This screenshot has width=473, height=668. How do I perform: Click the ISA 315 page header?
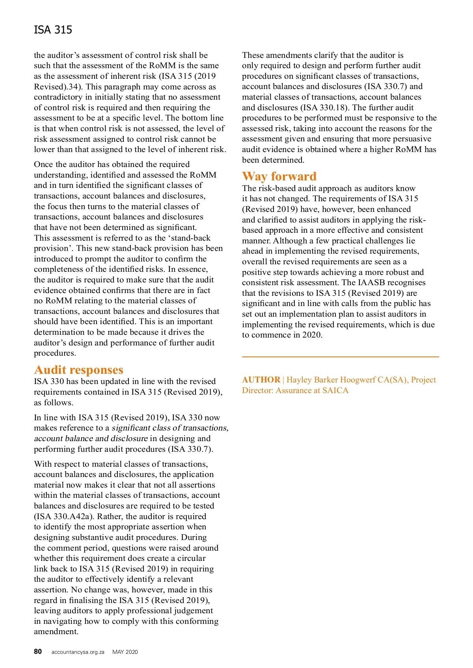(53, 30)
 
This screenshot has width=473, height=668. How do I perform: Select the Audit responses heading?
(78, 370)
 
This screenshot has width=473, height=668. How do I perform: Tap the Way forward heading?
(279, 176)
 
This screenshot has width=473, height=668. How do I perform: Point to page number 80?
(38, 651)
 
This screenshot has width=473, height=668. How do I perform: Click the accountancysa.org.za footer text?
(78, 652)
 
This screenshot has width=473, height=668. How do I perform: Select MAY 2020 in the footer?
(125, 652)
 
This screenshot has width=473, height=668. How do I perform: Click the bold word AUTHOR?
(261, 380)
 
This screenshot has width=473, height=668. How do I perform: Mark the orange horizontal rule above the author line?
(340, 356)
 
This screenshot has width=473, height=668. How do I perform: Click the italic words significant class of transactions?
(170, 428)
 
